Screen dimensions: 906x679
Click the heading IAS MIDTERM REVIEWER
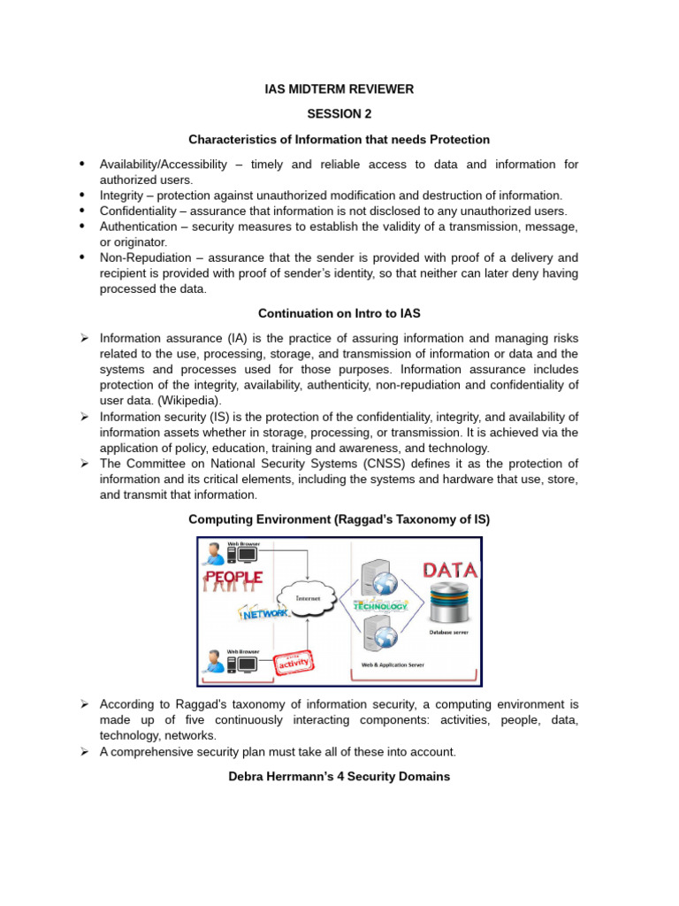pyautogui.click(x=339, y=89)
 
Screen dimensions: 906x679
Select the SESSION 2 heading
pyautogui.click(x=339, y=114)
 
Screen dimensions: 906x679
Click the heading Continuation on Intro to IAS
pyautogui.click(x=339, y=313)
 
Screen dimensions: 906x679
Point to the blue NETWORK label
pyautogui.click(x=264, y=612)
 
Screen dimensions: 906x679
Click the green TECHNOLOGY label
pyautogui.click(x=381, y=606)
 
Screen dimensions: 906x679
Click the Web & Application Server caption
pyautogui.click(x=393, y=664)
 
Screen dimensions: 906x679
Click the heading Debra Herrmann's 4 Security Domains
pyautogui.click(x=339, y=777)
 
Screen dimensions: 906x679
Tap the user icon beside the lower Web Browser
pyautogui.click(x=212, y=661)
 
